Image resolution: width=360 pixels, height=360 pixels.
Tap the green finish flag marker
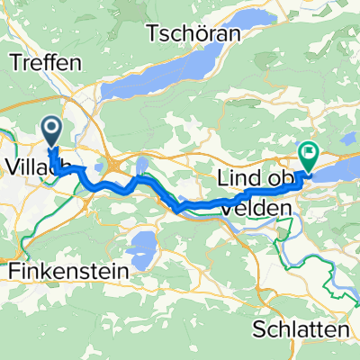pyautogui.click(x=308, y=157)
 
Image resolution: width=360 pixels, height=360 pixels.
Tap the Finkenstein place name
pyautogui.click(x=67, y=269)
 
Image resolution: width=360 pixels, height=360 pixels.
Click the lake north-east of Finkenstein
pyautogui.click(x=144, y=244)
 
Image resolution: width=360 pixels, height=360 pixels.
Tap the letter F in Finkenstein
pyautogui.click(x=13, y=269)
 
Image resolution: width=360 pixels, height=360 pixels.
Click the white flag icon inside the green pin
pyautogui.click(x=308, y=153)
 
